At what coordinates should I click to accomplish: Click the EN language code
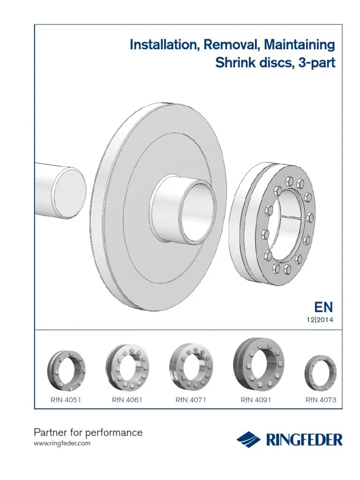pos(323,307)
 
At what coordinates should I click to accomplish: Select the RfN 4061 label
pos(127,400)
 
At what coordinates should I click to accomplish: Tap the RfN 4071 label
pos(191,400)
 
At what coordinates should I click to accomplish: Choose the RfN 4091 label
pos(256,400)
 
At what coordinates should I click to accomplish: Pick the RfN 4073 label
pos(321,400)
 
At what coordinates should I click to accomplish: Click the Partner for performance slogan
pos(89,432)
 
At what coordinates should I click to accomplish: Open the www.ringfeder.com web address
pos(63,443)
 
